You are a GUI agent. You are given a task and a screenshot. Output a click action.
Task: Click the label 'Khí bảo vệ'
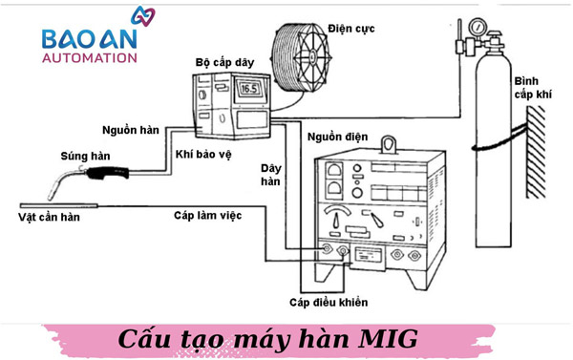coord(203,154)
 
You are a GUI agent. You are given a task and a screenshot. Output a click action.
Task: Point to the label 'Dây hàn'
coord(271,175)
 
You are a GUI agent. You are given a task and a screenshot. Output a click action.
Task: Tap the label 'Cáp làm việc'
coord(207,216)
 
